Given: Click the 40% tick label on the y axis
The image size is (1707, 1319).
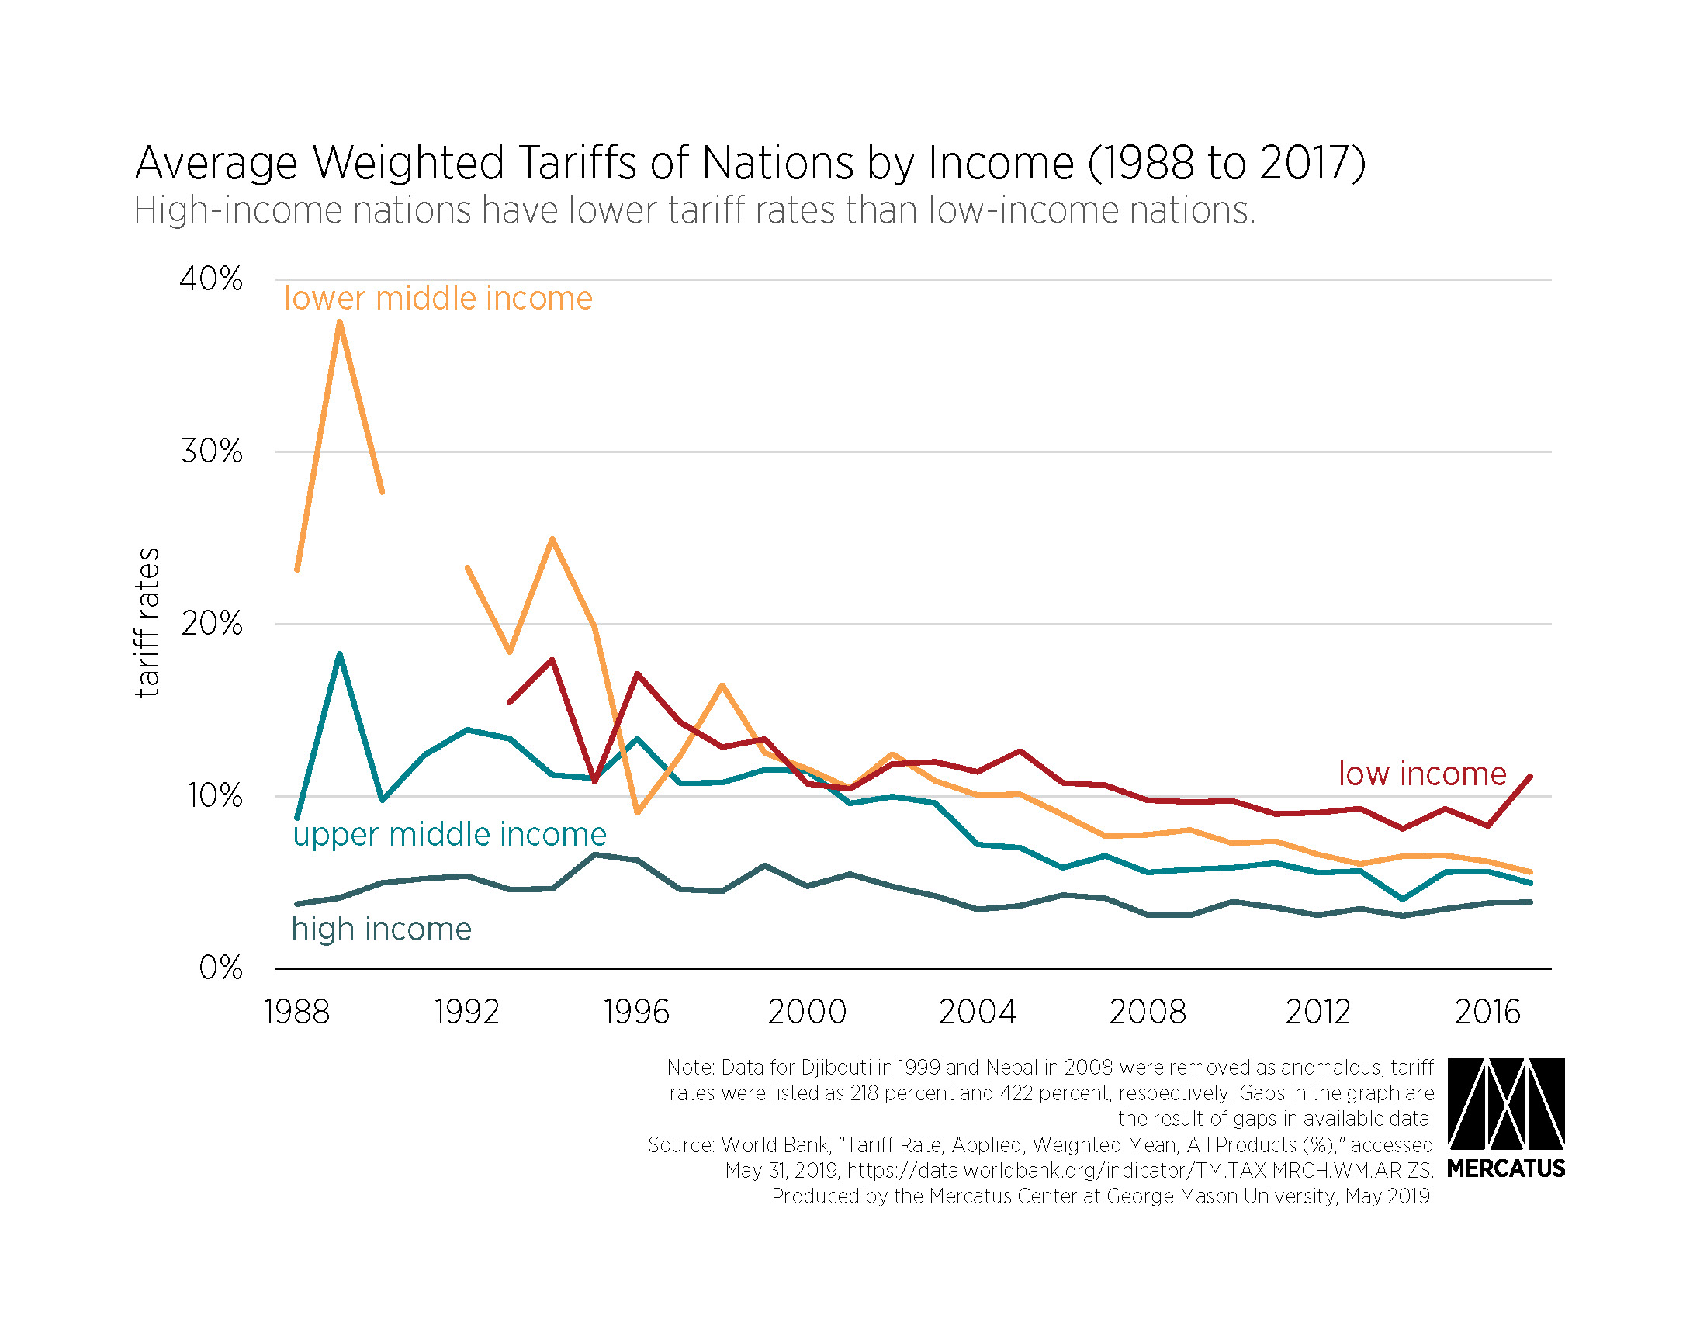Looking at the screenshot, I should (210, 279).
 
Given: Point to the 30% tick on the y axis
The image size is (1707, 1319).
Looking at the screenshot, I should (211, 451).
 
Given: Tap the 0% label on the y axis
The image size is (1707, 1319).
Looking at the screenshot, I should (220, 968).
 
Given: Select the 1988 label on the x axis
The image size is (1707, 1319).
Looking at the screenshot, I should (296, 1012).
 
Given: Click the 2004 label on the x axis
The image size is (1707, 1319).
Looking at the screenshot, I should (976, 1012).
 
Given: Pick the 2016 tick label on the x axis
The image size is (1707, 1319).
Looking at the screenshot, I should (1487, 1012).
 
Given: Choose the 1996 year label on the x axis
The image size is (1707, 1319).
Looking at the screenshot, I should (636, 1012).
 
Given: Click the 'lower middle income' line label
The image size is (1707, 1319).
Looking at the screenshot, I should (438, 299).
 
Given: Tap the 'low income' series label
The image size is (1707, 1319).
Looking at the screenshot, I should (1421, 774).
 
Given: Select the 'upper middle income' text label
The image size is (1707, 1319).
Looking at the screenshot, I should (449, 835).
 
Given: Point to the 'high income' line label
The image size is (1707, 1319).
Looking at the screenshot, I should (382, 929).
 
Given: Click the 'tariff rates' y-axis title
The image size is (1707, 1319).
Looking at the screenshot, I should (147, 622).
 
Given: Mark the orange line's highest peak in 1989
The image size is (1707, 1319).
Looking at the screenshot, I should (340, 322).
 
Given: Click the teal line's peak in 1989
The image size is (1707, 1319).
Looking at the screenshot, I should (340, 653).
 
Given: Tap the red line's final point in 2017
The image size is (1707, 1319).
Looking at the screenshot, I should (1529, 776).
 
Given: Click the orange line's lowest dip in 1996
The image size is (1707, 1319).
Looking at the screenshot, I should (637, 812).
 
